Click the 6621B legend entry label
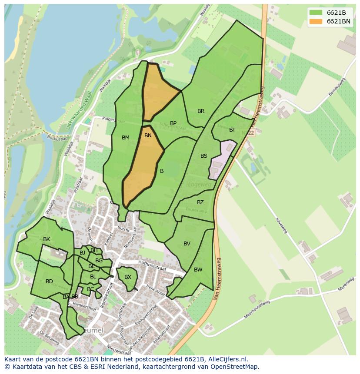point(336,12)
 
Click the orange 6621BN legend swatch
point(316,21)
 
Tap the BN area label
point(148,136)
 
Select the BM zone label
point(126,138)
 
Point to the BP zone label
point(173,123)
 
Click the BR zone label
point(200,111)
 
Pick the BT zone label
point(232,130)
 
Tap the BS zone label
point(203,156)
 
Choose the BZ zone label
point(200,202)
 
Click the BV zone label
point(187,244)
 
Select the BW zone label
point(198,270)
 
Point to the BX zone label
point(128,277)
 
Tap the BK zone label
point(47,239)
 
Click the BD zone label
point(49,281)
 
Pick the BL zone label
point(93,277)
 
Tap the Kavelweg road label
point(281,225)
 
